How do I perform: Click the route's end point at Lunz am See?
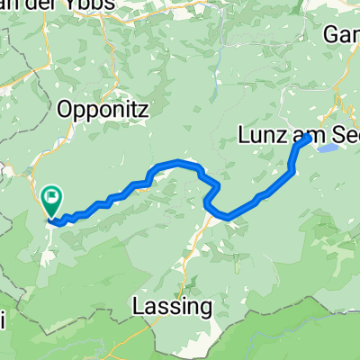point(310,138)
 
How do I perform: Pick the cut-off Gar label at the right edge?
point(342,32)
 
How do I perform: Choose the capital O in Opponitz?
point(66,109)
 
